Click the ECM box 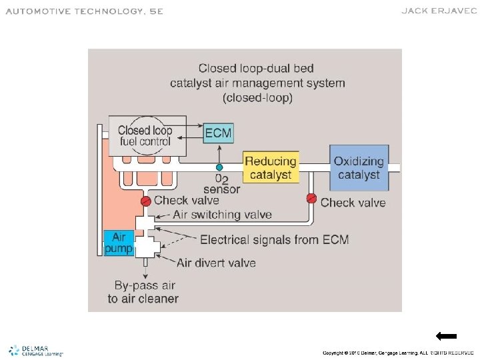click(218, 133)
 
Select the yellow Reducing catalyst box click(270, 168)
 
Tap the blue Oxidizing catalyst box click(359, 168)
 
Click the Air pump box click(119, 243)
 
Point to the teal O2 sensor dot click(219, 167)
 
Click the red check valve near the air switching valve click(145, 201)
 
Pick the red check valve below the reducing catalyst click(311, 198)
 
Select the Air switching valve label click(223, 215)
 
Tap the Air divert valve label click(216, 263)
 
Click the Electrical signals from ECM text click(274, 239)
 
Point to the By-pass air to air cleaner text click(143, 292)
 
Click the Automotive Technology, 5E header click(85, 11)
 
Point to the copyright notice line click(398, 352)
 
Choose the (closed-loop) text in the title click(257, 97)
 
